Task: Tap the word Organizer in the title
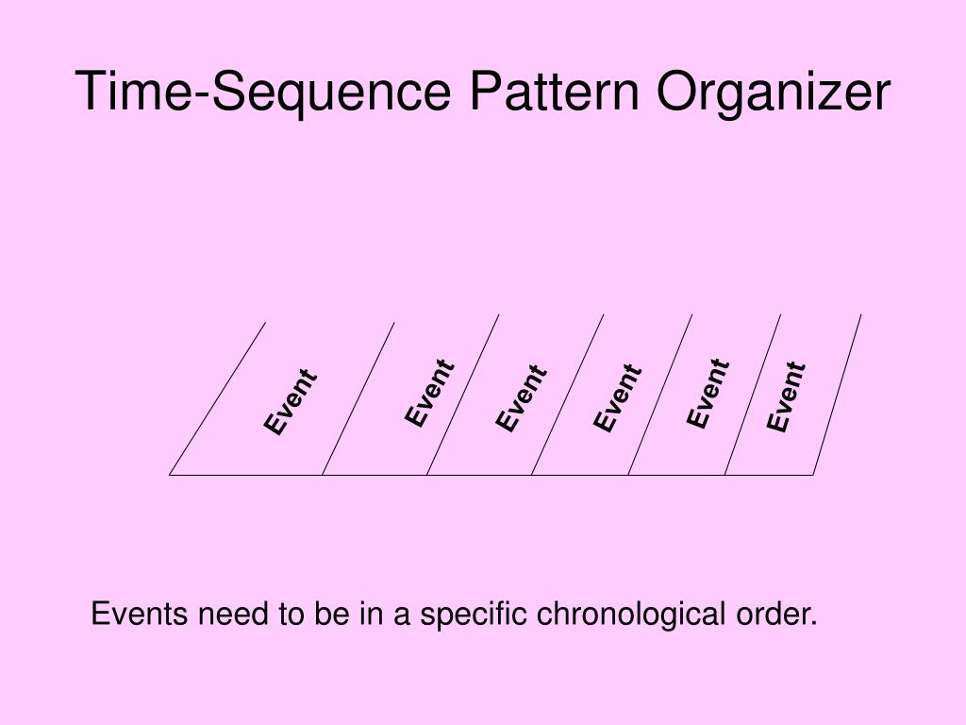pyautogui.click(x=774, y=93)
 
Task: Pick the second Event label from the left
pyautogui.click(x=430, y=393)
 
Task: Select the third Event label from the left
pyautogui.click(x=522, y=397)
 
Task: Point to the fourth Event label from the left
pyautogui.click(x=618, y=398)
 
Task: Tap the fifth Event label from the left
pyautogui.click(x=708, y=393)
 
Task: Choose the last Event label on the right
pyautogui.click(x=786, y=396)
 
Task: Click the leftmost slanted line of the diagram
pyautogui.click(x=218, y=398)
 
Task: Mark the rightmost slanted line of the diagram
pyautogui.click(x=838, y=395)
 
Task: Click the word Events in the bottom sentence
pyautogui.click(x=139, y=615)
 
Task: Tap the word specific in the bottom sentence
pyautogui.click(x=475, y=615)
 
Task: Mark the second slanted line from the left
pyautogui.click(x=358, y=398)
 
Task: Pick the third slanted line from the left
pyautogui.click(x=463, y=395)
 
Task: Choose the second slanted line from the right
pyautogui.click(x=753, y=395)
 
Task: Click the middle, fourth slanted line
pyautogui.click(x=567, y=395)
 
